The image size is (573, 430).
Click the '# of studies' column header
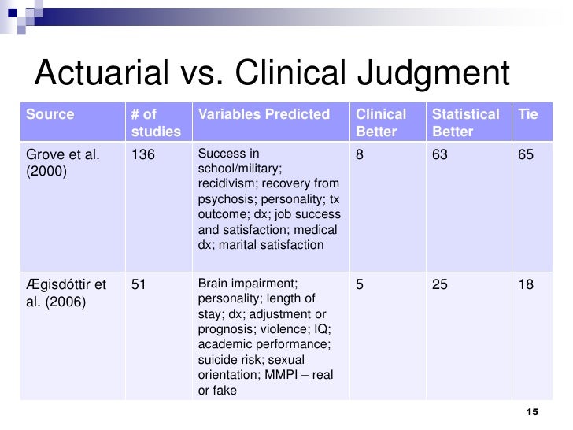click(156, 123)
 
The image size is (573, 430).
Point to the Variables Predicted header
click(264, 116)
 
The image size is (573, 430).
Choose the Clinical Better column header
click(381, 123)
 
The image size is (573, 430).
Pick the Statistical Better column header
click(466, 123)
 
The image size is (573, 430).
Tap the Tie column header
click(528, 116)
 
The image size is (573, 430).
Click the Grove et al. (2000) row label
click(63, 162)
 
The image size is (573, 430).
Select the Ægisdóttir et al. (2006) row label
click(65, 291)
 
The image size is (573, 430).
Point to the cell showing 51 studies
click(139, 284)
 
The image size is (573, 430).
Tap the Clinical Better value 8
click(360, 155)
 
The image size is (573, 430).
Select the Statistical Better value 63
click(440, 155)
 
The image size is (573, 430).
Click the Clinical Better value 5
click(360, 284)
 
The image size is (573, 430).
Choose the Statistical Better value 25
click(440, 284)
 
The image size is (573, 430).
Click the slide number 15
click(531, 413)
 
